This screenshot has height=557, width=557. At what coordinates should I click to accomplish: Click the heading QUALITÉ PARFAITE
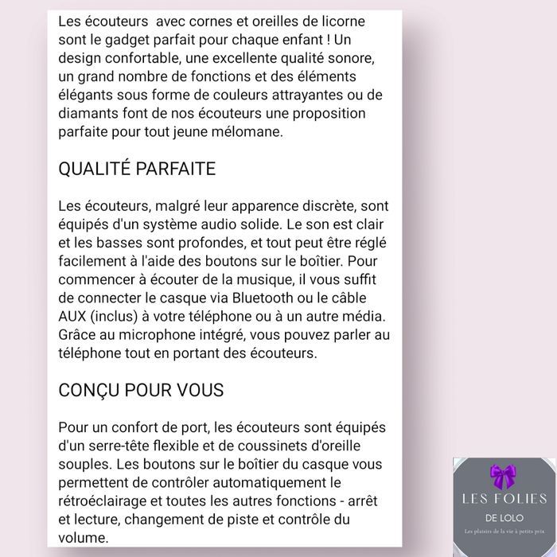(137, 169)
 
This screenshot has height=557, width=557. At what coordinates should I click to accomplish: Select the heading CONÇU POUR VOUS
(141, 391)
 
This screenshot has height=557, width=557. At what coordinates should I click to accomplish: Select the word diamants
(88, 114)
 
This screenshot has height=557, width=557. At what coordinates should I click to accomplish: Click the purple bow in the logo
(503, 477)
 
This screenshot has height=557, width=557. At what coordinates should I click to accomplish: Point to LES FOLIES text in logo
(504, 499)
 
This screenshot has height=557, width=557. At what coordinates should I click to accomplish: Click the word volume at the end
(82, 537)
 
